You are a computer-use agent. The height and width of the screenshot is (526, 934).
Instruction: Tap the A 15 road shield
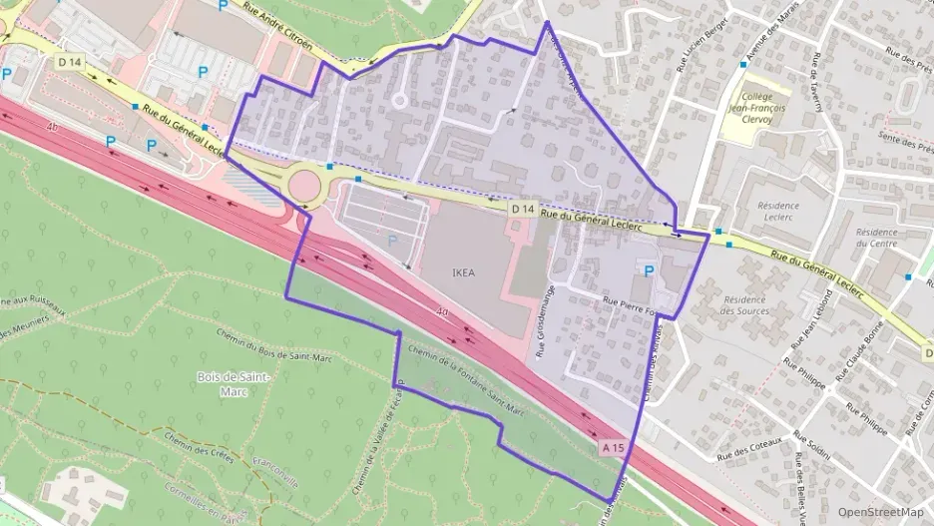(x=614, y=449)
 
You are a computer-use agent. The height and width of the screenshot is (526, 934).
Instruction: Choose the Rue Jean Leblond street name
(x=810, y=320)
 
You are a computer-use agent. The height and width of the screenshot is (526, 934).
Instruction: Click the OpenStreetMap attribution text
(x=880, y=512)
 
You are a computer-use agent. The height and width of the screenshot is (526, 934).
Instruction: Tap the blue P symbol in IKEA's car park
(x=391, y=241)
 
